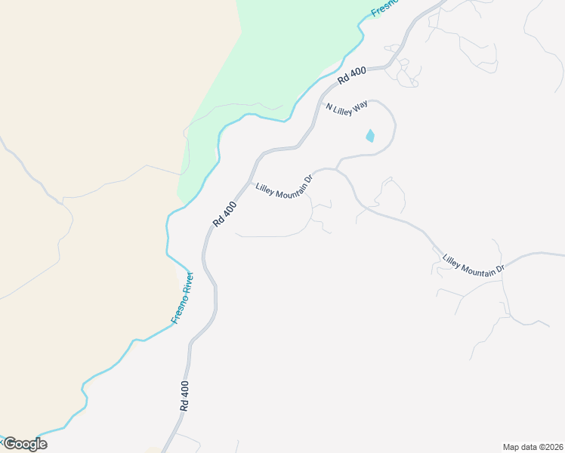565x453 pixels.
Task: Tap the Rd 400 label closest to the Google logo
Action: click(x=184, y=395)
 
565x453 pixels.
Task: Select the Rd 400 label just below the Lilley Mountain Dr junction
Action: click(x=225, y=214)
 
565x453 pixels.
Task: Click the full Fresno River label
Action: click(x=184, y=297)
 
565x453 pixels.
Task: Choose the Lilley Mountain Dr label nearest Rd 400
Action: click(x=284, y=188)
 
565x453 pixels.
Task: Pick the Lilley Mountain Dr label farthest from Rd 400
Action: click(x=473, y=265)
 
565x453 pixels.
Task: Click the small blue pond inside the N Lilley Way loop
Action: click(x=369, y=137)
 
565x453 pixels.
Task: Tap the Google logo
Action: click(x=25, y=444)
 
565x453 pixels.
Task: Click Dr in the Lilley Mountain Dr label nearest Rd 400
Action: click(x=308, y=180)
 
